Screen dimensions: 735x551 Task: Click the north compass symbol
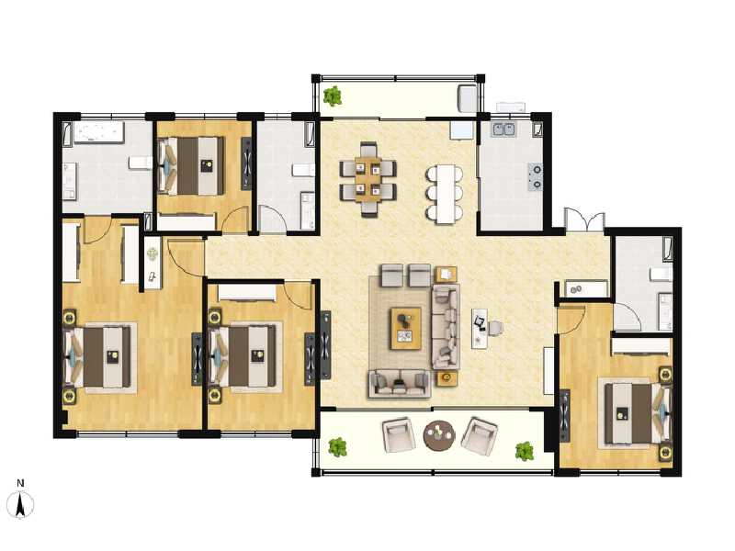tap(20, 504)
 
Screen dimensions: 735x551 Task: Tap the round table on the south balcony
tap(439, 434)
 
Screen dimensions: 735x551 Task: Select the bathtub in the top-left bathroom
tap(99, 132)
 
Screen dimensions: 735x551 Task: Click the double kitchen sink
tap(503, 129)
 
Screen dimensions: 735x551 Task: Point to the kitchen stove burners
tap(536, 176)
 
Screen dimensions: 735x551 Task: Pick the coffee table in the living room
tap(406, 329)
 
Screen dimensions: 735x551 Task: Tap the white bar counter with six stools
tap(446, 193)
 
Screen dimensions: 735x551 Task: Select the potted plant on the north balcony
tap(333, 96)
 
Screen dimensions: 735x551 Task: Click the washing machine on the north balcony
tap(468, 98)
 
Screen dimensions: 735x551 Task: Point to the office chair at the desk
tap(496, 328)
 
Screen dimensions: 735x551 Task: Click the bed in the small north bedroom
tap(191, 165)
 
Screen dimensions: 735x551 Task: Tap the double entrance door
tap(584, 219)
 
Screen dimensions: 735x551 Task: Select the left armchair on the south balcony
tap(399, 435)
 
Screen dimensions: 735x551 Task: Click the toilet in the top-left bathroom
tap(141, 163)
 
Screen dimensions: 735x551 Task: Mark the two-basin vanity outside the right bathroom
tap(586, 289)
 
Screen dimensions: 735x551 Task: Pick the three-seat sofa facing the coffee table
tap(445, 327)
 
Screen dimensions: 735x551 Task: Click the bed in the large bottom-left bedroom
tap(97, 357)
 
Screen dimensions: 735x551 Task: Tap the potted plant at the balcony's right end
tap(525, 451)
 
